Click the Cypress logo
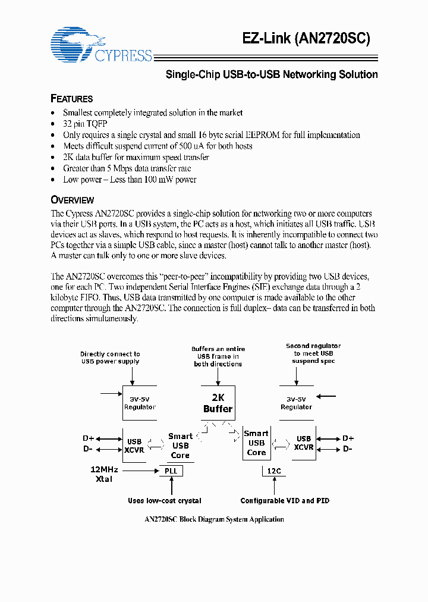102,45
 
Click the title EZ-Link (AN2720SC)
306,38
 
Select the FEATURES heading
72,99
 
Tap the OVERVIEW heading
73,200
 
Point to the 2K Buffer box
218,403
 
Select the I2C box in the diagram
273,471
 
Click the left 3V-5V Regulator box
140,403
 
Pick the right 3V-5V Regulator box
296,403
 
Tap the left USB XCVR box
135,445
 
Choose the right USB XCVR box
304,443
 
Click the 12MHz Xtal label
104,474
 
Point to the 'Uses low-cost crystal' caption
165,501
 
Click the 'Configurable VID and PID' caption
285,501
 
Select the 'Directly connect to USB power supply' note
111,358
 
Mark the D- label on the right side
348,449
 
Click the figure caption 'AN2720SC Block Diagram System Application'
214,519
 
